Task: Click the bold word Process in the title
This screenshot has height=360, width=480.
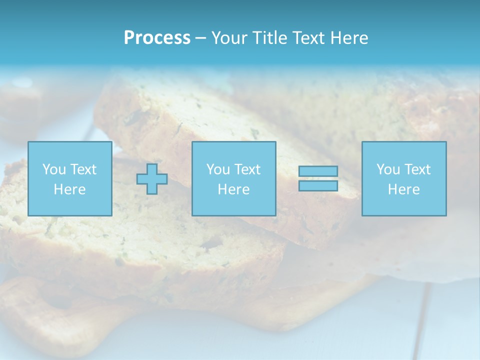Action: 157,38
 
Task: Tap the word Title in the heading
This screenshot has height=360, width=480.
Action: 270,38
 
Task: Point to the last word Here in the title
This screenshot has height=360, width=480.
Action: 349,38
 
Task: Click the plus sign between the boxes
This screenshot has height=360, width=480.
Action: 152,179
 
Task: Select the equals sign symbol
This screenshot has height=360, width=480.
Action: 318,178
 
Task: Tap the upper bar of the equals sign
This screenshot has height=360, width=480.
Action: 318,171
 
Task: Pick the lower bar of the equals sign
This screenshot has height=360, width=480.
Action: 318,186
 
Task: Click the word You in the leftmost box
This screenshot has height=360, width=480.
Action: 54,169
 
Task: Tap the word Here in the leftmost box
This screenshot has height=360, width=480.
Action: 69,189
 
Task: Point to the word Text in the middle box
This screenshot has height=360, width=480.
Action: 247,169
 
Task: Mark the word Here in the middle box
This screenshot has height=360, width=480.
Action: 233,189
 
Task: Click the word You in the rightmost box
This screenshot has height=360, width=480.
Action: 388,169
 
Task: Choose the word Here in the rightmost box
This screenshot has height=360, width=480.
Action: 404,189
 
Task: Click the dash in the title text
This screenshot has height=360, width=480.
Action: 200,38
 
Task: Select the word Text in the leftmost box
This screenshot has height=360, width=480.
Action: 83,169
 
